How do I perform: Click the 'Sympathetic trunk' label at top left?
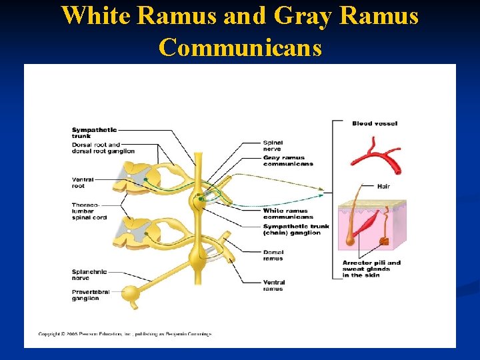point(94,132)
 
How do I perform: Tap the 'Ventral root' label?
point(83,182)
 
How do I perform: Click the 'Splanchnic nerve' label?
point(89,275)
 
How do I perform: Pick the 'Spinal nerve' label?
point(273,145)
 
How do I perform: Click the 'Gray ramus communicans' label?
point(287,161)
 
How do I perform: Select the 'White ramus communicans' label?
point(287,213)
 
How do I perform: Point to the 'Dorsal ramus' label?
point(273,255)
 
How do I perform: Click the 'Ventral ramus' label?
point(273,286)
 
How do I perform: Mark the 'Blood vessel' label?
point(375,123)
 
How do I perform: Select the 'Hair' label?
point(383,187)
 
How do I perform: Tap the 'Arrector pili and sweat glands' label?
point(371,269)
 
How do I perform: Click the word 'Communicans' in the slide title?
point(240,47)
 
